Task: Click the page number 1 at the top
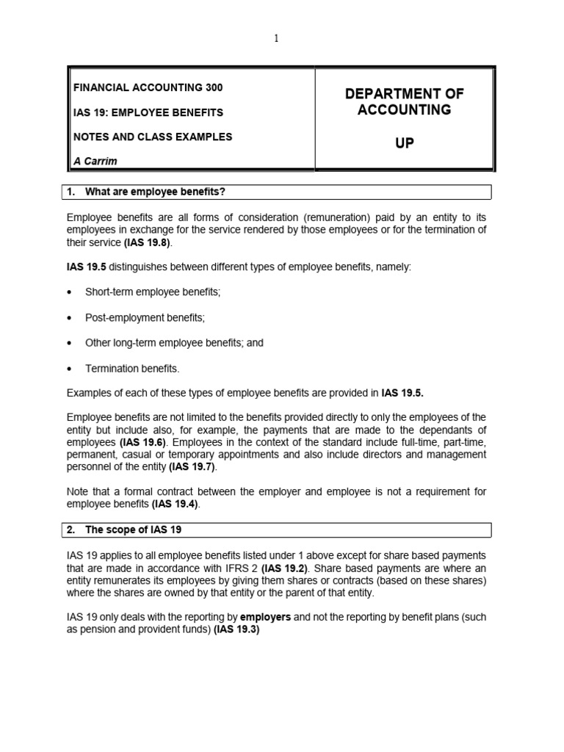277,39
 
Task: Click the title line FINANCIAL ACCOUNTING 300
147,87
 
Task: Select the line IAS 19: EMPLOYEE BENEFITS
147,112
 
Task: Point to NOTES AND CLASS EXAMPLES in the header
152,137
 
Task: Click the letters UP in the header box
404,143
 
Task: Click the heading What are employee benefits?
155,192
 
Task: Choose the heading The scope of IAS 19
137,529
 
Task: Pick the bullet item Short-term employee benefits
153,292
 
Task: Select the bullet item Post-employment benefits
145,317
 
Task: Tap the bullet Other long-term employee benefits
174,342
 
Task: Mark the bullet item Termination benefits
132,368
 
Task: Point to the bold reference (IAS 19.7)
193,466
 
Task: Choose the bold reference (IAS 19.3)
236,630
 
